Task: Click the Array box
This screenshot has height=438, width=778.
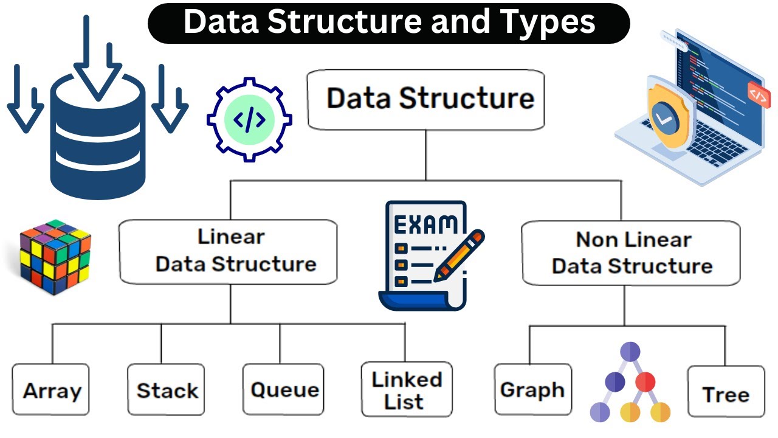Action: click(50, 390)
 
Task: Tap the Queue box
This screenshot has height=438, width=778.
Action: click(284, 390)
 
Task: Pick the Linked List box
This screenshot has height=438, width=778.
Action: click(407, 390)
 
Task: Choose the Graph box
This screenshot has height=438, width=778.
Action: click(532, 390)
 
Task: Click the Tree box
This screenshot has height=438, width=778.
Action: click(726, 394)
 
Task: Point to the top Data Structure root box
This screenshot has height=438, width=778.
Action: click(425, 99)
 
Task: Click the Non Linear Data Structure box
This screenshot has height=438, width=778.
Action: click(631, 253)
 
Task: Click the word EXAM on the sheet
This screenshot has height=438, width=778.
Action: click(425, 224)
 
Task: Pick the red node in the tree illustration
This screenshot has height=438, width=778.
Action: click(645, 382)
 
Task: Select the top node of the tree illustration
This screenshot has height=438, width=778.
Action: click(630, 352)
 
